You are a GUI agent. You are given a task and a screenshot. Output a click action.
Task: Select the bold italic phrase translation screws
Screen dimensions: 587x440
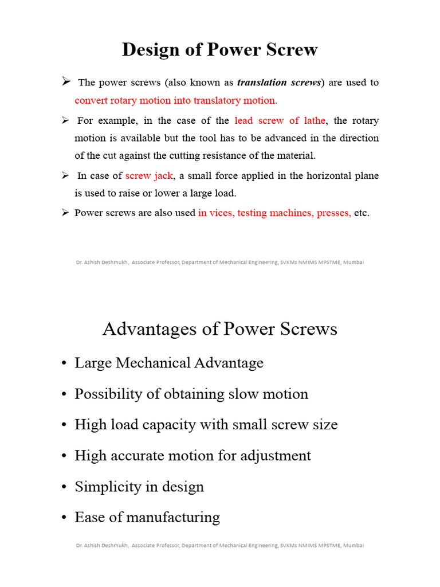280,83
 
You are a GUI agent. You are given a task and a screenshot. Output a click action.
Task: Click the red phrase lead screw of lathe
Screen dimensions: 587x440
280,121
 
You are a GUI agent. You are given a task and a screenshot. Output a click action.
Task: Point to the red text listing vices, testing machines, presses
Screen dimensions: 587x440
274,213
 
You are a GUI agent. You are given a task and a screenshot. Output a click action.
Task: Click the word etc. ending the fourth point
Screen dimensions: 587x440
362,213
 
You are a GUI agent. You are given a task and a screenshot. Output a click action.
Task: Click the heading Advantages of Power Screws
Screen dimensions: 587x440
219,329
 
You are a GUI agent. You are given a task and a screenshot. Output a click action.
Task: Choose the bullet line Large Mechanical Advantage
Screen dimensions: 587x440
169,363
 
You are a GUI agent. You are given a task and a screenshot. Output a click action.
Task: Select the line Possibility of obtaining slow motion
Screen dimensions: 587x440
191,394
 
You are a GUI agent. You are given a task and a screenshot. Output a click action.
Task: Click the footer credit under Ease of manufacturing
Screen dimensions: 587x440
219,545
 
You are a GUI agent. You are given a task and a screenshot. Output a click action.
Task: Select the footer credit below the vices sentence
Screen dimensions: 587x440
219,262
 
